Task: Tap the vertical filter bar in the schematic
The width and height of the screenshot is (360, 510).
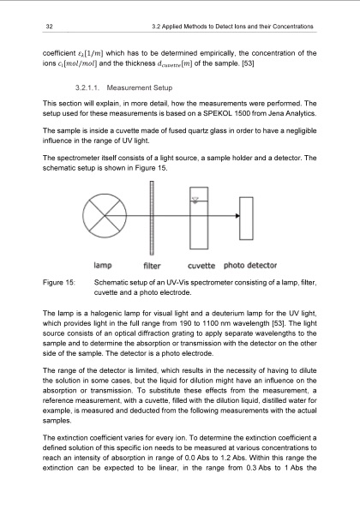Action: (x=147, y=222)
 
